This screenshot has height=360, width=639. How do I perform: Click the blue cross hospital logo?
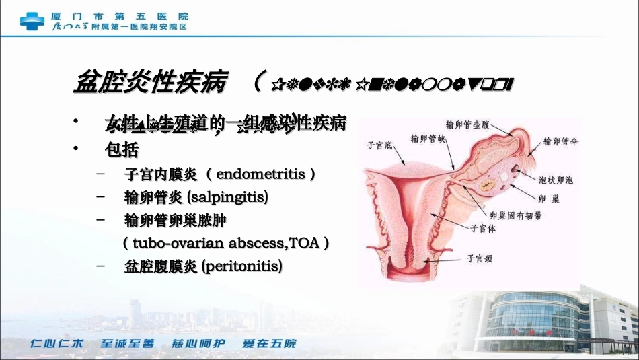point(32,20)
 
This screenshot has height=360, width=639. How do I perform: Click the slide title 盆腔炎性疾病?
point(152,83)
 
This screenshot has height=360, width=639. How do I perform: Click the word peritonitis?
point(241,266)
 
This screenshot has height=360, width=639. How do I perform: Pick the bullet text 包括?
point(122,148)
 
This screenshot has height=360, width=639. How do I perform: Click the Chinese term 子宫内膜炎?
point(161,174)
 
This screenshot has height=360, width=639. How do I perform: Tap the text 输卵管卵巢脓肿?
point(171,220)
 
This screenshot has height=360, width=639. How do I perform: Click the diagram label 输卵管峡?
point(428,137)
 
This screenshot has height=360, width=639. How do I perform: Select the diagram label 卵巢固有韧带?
point(516,215)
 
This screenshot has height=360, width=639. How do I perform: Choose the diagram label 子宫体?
point(483,229)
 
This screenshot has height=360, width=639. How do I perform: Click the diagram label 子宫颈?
point(480,258)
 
